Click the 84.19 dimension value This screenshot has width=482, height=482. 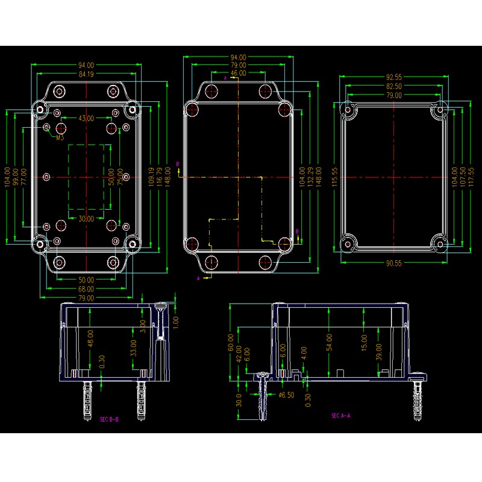pos(86,74)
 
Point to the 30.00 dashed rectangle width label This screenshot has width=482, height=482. pos(86,219)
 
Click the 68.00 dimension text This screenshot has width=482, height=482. pos(86,289)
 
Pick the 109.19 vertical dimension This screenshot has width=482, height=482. pos(151,177)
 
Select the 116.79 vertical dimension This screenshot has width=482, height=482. pos(160,177)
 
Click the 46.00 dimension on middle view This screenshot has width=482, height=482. pos(238,73)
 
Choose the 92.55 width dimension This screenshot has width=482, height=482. pos(394,77)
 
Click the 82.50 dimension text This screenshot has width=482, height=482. pos(394,87)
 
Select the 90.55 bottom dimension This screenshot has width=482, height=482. pos(394,263)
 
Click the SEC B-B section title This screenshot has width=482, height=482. pos(109,419)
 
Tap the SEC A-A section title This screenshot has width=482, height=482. pos(340,415)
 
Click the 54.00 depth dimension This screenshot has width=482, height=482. pos(329,342)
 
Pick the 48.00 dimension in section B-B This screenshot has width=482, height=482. pos(90,338)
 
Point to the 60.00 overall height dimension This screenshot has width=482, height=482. pos(230,342)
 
